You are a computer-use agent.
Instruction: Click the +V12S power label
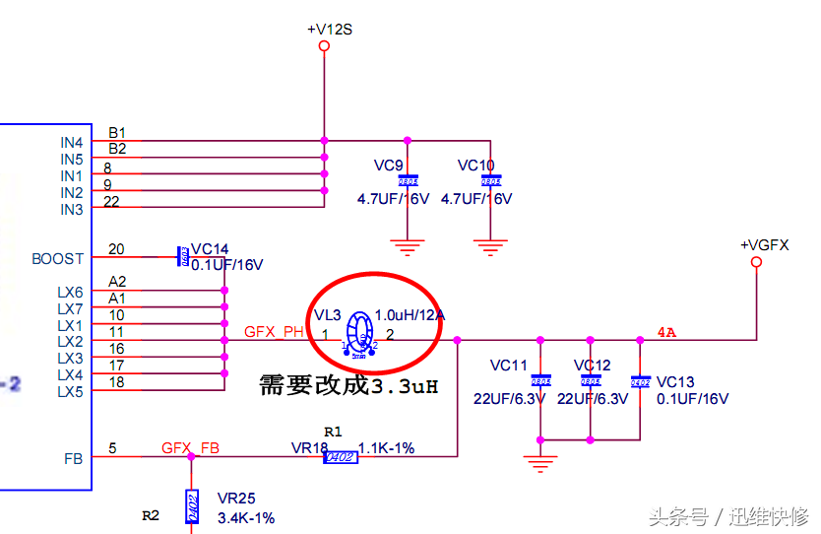[329, 30]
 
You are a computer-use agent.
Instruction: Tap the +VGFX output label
[765, 245]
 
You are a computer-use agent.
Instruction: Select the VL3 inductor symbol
[361, 333]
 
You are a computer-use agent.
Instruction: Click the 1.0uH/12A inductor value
[410, 315]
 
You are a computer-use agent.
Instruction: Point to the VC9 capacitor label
[389, 165]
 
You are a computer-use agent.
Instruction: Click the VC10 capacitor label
[475, 165]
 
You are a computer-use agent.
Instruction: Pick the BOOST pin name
[58, 259]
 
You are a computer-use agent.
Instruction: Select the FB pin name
[73, 457]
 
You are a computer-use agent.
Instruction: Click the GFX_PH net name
[275, 332]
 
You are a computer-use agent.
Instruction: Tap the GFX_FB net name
[191, 448]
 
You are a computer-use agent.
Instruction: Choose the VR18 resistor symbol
[340, 456]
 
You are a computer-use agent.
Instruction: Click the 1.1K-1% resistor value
[386, 448]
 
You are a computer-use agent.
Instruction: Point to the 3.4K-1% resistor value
[246, 517]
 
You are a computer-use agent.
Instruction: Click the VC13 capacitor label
[675, 382]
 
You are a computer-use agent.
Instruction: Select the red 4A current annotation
[666, 332]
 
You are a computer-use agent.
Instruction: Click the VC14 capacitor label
[211, 249]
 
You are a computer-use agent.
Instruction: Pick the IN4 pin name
[71, 143]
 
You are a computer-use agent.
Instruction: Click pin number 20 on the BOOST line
[116, 249]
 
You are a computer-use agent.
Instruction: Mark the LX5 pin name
[70, 391]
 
